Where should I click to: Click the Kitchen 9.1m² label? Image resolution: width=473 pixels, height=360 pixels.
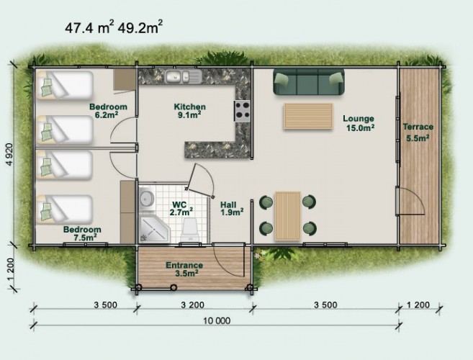[x=190, y=110]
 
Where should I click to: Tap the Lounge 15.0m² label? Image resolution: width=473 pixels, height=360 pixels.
[x=359, y=123]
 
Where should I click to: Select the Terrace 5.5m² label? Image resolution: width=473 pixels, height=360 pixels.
[x=418, y=132]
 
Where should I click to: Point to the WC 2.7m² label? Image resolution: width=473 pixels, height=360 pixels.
[x=181, y=208]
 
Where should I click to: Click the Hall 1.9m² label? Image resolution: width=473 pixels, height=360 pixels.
[x=232, y=209]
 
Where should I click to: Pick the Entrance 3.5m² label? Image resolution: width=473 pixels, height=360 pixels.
[x=184, y=269]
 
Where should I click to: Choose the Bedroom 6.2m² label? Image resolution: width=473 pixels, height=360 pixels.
[x=108, y=110]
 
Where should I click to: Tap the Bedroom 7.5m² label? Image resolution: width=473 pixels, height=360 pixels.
[x=82, y=233]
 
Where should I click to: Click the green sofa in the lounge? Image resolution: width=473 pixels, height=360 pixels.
[x=309, y=81]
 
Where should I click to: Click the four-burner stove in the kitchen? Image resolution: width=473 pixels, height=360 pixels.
[x=242, y=111]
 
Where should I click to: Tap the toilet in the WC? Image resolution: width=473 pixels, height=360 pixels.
[x=190, y=229]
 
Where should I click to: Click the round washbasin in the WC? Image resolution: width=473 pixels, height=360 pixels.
[x=147, y=199]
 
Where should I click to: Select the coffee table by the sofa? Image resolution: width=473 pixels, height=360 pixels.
[x=308, y=116]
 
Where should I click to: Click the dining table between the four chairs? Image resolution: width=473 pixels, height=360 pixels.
[x=288, y=215]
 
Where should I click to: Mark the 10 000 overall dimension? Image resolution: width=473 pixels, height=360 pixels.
[x=217, y=320]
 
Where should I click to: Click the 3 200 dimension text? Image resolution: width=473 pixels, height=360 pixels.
[x=192, y=305]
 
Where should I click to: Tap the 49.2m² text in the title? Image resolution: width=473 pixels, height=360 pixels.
[x=140, y=27]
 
